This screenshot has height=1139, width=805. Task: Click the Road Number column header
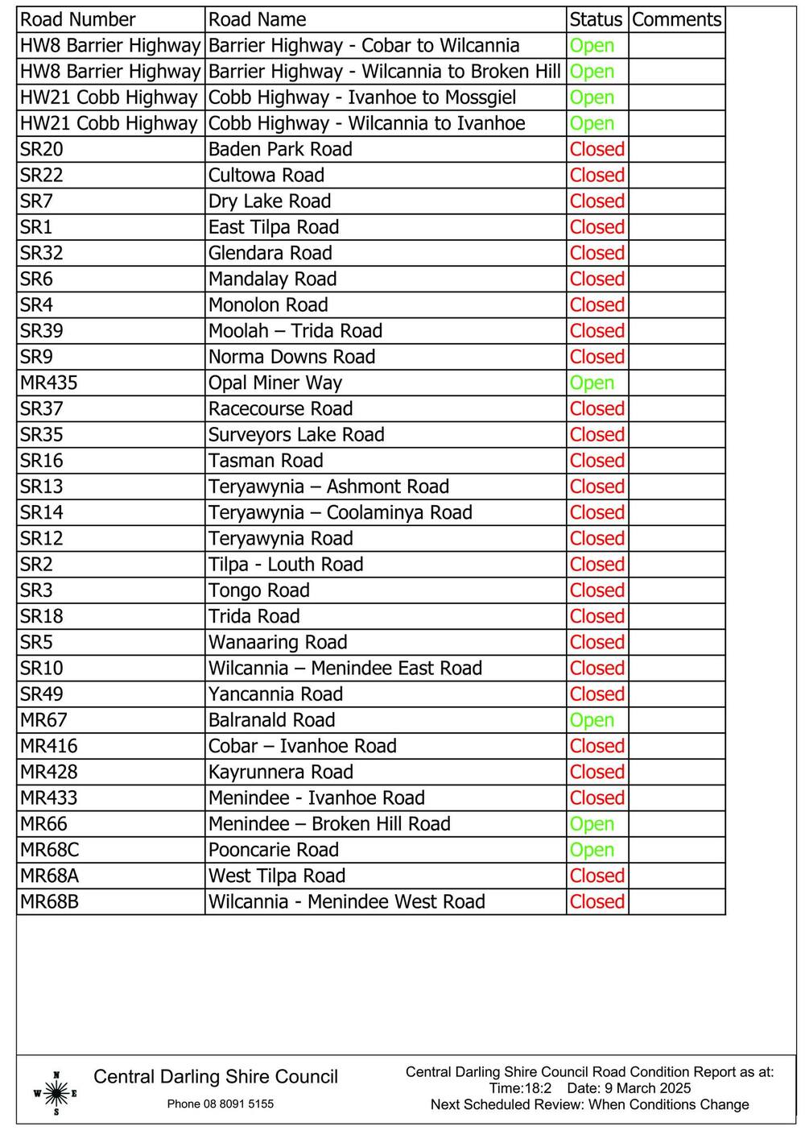pyautogui.click(x=78, y=19)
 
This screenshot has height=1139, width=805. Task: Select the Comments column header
pyautogui.click(x=676, y=19)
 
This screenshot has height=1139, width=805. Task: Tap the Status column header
pyautogui.click(x=596, y=19)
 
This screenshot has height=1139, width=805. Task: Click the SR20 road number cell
pyautogui.click(x=42, y=149)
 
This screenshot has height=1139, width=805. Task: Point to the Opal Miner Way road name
pyautogui.click(x=275, y=383)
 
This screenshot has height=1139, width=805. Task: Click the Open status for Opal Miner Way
pyautogui.click(x=592, y=383)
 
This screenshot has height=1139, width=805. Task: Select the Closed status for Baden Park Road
pyautogui.click(x=597, y=149)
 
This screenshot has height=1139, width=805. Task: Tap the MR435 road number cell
pyautogui.click(x=49, y=383)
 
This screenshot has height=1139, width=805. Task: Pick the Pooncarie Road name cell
pyautogui.click(x=274, y=850)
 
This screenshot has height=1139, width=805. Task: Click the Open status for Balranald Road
pyautogui.click(x=592, y=720)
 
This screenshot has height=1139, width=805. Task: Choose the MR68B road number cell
pyautogui.click(x=50, y=901)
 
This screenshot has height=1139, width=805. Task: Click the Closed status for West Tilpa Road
pyautogui.click(x=597, y=876)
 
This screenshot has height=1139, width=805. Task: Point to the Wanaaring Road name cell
pyautogui.click(x=278, y=642)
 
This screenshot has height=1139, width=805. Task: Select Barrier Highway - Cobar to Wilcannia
pyautogui.click(x=364, y=45)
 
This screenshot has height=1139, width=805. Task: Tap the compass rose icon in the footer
pyautogui.click(x=56, y=1093)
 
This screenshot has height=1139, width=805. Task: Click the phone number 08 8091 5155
pyautogui.click(x=221, y=1104)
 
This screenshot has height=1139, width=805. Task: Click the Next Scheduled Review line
pyautogui.click(x=589, y=1104)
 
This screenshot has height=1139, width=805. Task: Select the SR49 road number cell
pyautogui.click(x=42, y=694)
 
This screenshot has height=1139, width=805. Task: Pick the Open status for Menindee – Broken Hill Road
pyautogui.click(x=592, y=824)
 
